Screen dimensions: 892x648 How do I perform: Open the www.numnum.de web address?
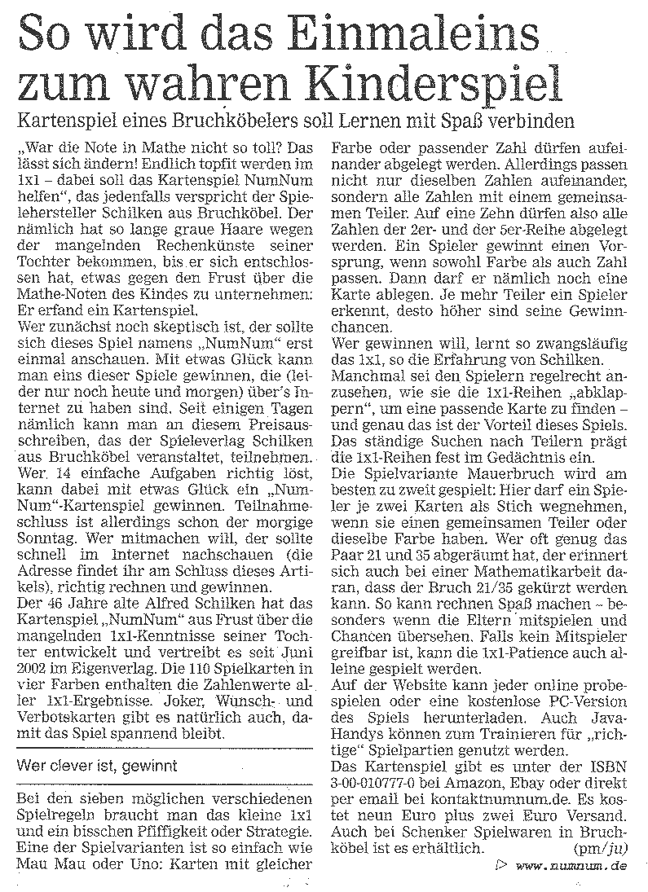coord(572,867)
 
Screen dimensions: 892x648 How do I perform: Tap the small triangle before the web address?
coord(498,865)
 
